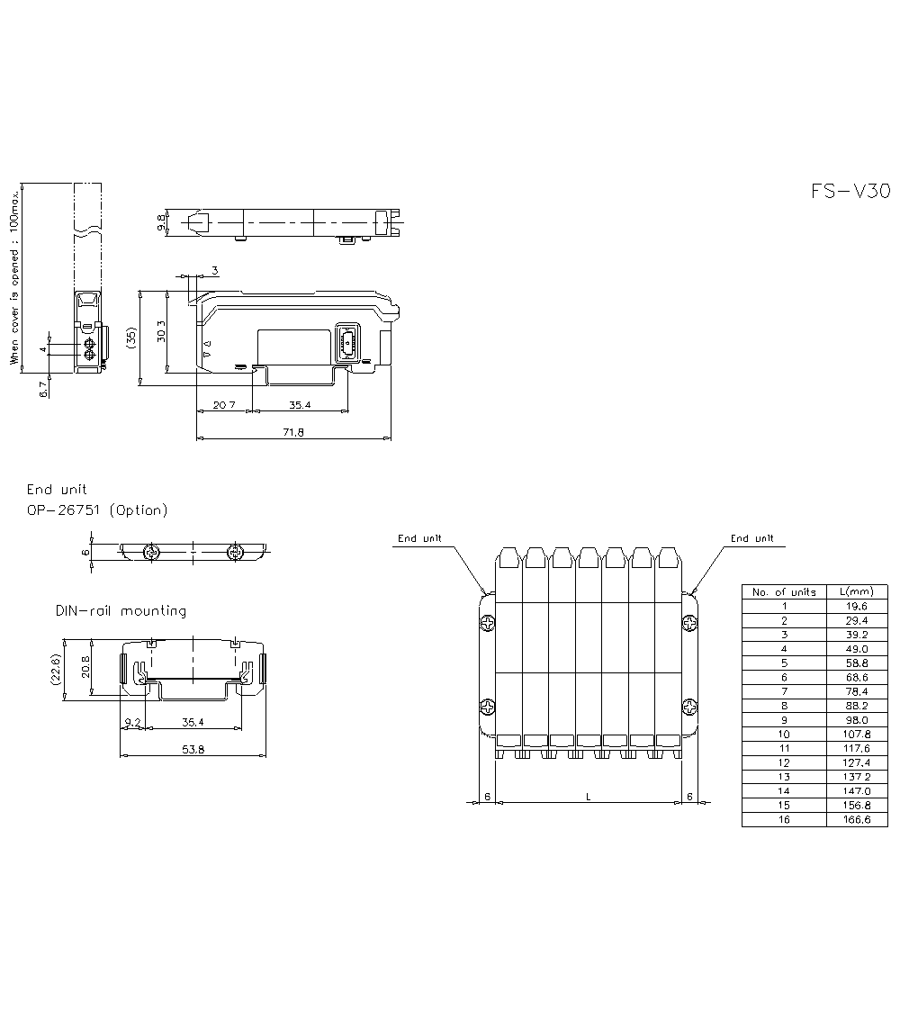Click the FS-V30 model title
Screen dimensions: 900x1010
click(x=850, y=192)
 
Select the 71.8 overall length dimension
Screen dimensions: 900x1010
click(x=293, y=432)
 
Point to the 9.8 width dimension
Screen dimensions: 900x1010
click(x=161, y=222)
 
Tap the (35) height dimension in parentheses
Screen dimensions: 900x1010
click(x=131, y=338)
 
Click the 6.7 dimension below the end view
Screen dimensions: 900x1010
click(x=44, y=389)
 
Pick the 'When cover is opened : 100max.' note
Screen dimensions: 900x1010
click(x=14, y=278)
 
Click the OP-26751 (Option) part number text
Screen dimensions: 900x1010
click(x=97, y=510)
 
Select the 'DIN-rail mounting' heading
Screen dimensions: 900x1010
click(x=121, y=610)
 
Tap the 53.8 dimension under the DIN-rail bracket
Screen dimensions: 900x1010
click(x=193, y=749)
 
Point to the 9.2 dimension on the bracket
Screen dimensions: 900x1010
click(x=132, y=723)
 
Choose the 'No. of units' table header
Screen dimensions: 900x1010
click(x=784, y=592)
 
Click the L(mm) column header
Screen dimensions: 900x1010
click(x=857, y=591)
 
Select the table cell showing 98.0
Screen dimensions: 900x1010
click(x=857, y=720)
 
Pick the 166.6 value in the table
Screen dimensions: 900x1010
click(x=857, y=819)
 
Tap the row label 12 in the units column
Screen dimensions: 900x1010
click(x=784, y=762)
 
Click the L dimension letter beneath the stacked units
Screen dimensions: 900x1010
click(x=589, y=797)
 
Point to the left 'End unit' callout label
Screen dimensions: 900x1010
click(x=419, y=538)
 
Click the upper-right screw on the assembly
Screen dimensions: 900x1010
click(x=689, y=623)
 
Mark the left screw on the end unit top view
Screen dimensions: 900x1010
click(x=153, y=552)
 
